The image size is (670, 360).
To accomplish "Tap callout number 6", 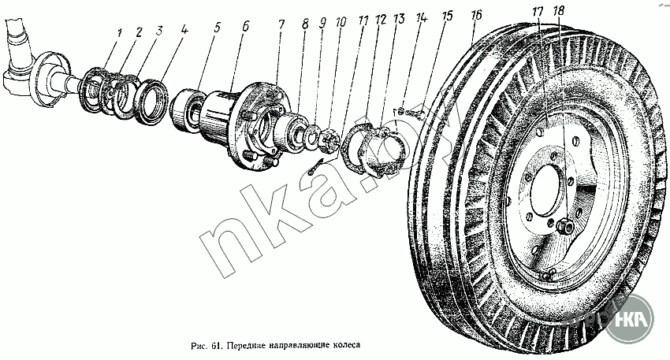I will click(x=245, y=26).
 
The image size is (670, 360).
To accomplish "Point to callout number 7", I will click(x=280, y=24).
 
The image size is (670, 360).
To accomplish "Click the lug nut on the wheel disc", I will click(x=564, y=227).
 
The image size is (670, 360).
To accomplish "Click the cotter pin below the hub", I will click(x=317, y=166).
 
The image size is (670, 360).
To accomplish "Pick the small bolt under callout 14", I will click(x=401, y=111).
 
